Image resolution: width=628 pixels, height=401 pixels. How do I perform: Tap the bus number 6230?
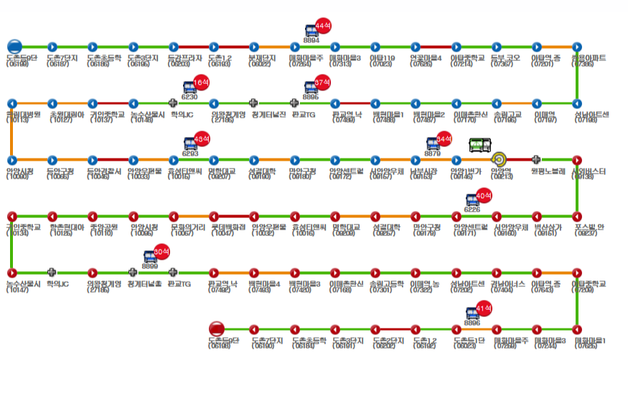tap(189, 95)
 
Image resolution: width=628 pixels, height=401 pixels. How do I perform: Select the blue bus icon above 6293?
tap(189, 141)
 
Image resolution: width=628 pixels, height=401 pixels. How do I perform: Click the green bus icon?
tap(478, 146)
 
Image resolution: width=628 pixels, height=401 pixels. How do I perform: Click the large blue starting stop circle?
tap(14, 47)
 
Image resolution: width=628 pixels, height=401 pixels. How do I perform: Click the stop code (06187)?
tap(57, 64)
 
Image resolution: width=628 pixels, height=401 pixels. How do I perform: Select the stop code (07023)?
tap(381, 64)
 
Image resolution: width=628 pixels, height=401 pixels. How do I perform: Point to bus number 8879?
tap(433, 153)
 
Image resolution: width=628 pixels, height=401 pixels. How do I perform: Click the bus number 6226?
tap(472, 209)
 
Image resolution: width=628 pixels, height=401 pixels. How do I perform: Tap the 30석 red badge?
tap(161, 253)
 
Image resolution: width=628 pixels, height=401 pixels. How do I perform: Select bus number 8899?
tap(150, 266)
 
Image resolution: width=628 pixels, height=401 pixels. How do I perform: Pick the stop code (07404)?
tap(502, 290)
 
